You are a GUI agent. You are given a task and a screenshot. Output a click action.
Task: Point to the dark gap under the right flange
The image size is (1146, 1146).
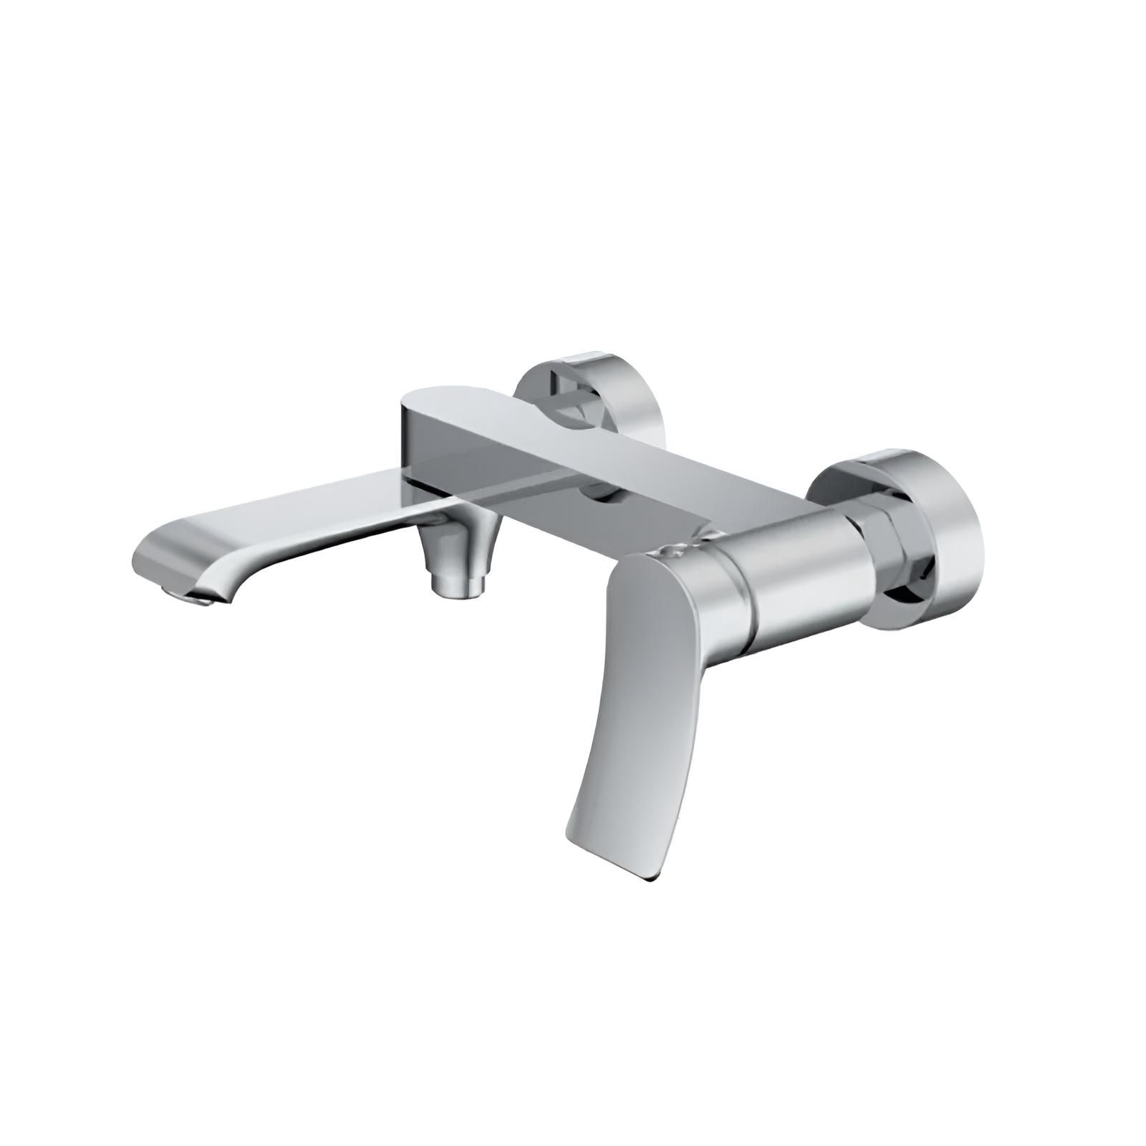[917, 594]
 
